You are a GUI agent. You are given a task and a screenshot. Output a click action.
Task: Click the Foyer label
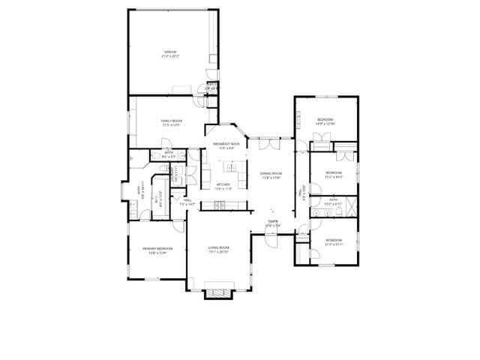(272, 223)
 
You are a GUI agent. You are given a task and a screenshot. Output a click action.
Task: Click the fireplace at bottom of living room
(220, 293)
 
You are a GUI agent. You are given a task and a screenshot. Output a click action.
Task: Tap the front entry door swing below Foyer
(270, 238)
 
